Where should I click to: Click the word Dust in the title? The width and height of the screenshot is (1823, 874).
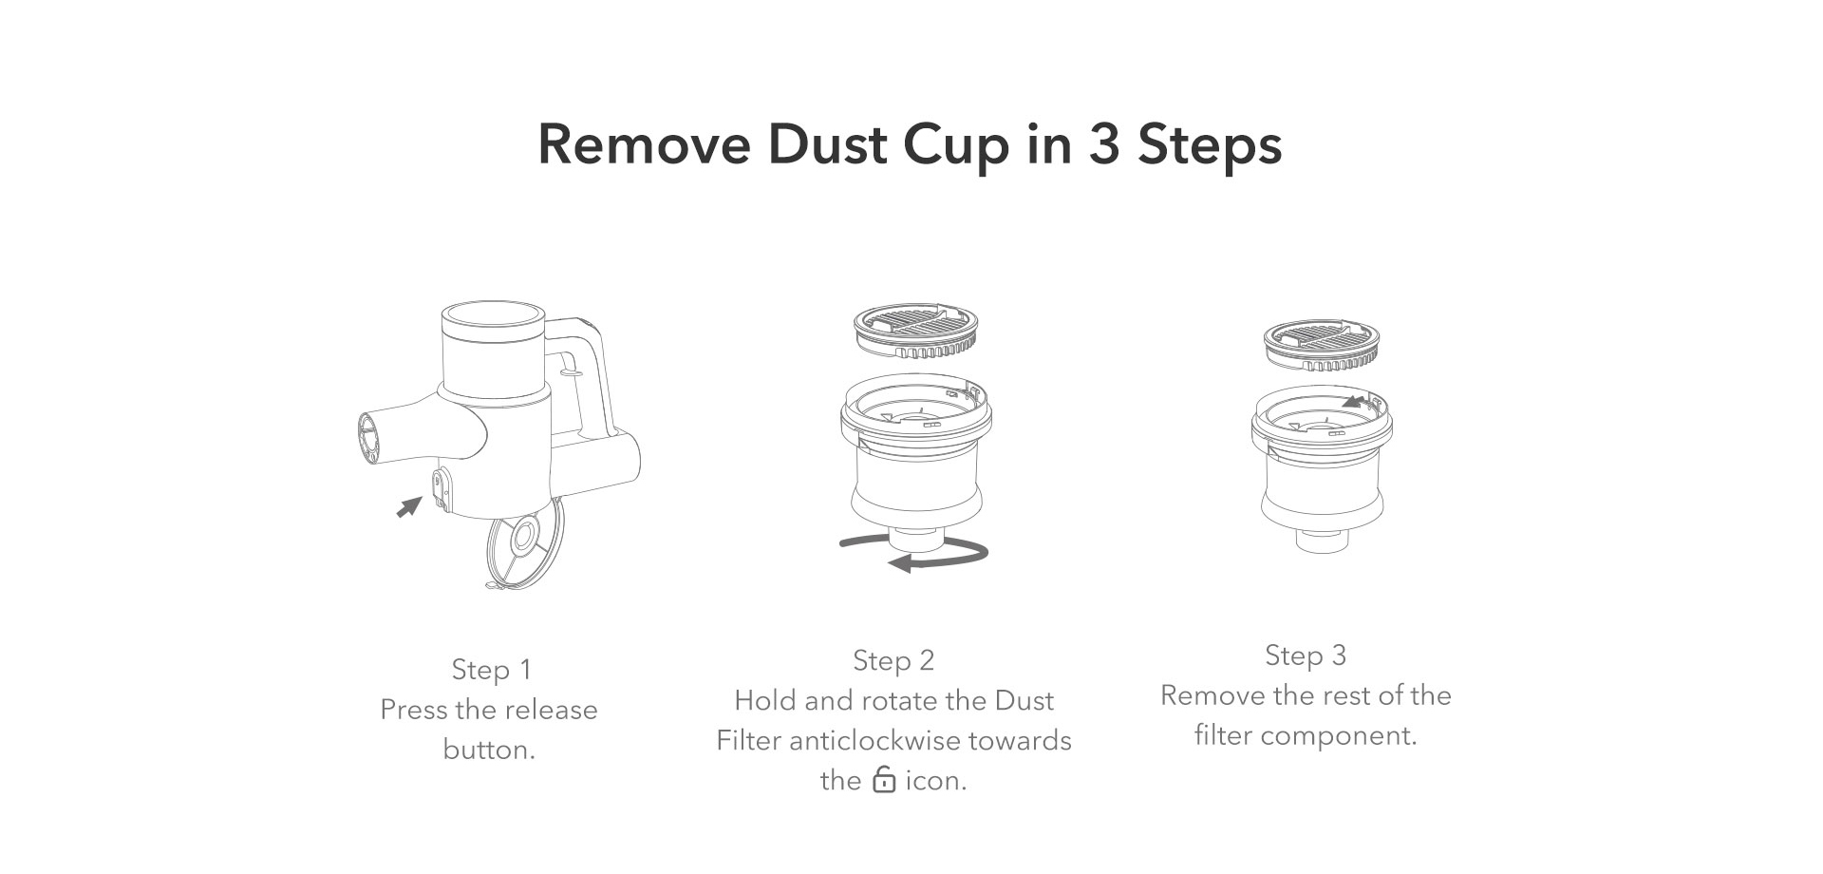pos(827,144)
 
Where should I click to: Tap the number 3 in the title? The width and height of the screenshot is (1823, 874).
pos(1104,144)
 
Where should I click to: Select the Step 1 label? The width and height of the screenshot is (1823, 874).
pos(491,670)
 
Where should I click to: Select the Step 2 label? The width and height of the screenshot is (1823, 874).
pos(893,660)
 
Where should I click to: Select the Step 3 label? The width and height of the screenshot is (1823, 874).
pos(1306,655)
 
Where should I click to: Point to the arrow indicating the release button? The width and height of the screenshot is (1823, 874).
pos(409,506)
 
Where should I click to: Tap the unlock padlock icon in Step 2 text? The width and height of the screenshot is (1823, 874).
pos(884,779)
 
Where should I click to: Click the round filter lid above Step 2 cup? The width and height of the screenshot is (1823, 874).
pos(916,332)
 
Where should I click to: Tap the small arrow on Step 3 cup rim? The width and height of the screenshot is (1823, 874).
pos(1355,402)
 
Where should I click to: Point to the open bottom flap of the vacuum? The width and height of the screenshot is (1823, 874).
pos(523,544)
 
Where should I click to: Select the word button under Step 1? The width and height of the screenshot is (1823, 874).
pos(489,750)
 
